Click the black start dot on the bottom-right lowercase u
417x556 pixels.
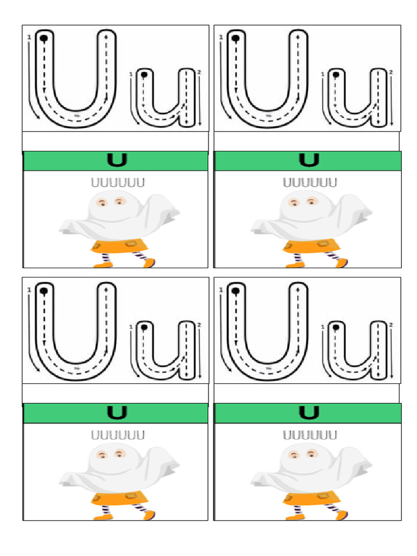[336, 327]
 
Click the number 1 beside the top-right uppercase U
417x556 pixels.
[220, 37]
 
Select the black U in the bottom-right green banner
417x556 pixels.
[308, 413]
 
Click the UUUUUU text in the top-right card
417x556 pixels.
[309, 182]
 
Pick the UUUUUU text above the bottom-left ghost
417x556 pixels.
[117, 435]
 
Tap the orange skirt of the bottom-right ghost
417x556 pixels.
[312, 498]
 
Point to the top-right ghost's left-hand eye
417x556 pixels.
[294, 203]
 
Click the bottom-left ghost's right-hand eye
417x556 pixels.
[119, 454]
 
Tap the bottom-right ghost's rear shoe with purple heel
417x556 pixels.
[341, 515]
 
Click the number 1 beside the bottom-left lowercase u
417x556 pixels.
[131, 327]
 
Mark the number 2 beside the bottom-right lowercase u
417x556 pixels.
[391, 325]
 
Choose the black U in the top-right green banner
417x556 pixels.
[308, 160]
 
